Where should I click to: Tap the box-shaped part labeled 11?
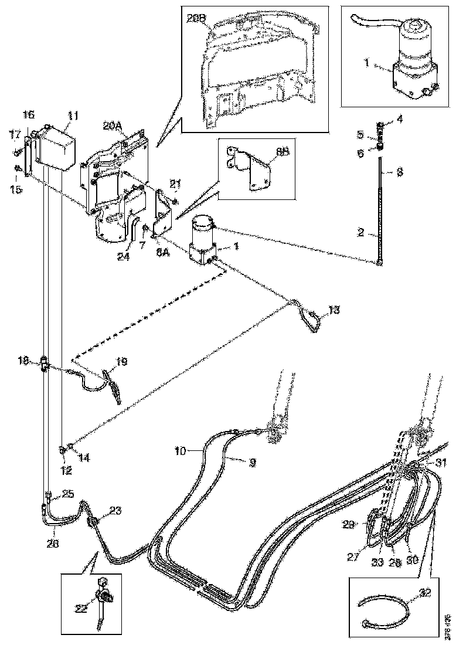(57, 148)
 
